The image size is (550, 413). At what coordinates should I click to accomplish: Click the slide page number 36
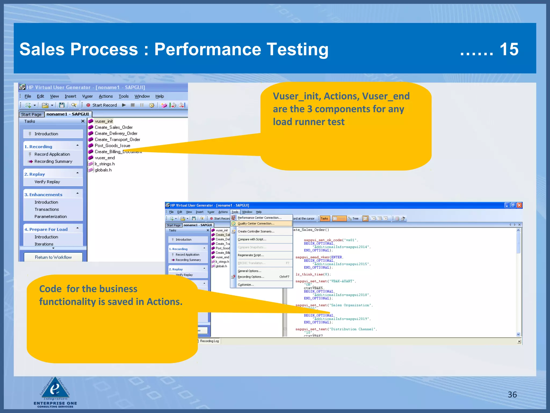[512, 394]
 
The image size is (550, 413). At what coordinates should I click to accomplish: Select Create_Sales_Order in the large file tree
[113, 127]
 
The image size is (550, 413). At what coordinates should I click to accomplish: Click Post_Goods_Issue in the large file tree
[112, 145]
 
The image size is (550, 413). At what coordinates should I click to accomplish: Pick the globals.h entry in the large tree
[103, 170]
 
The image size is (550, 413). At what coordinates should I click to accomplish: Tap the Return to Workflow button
[53, 257]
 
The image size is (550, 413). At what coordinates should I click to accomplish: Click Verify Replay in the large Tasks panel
[47, 182]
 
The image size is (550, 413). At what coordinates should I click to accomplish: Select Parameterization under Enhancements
[50, 216]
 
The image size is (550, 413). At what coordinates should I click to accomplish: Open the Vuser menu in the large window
[87, 96]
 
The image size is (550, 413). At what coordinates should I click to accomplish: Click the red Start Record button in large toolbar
[102, 105]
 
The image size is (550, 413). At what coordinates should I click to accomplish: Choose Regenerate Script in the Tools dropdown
[251, 255]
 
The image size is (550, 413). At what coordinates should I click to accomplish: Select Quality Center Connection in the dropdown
[256, 223]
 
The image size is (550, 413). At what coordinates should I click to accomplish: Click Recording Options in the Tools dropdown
[251, 277]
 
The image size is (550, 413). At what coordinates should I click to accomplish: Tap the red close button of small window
[519, 205]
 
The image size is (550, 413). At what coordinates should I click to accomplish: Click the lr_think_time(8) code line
[313, 274]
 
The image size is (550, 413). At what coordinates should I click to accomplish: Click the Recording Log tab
[209, 341]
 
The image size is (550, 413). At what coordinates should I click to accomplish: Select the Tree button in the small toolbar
[354, 219]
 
